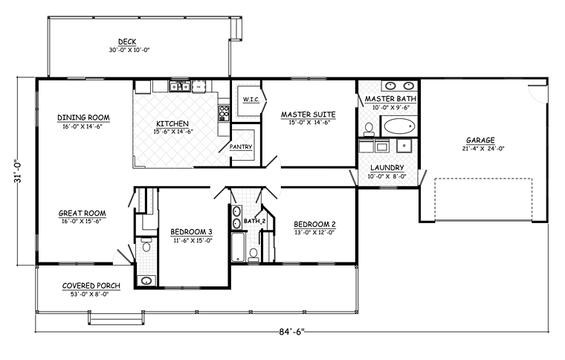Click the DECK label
point(127,42)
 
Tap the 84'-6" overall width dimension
point(291,332)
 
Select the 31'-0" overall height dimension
point(18,171)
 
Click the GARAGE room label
point(480,140)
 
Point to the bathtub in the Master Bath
point(399,126)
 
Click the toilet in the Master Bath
point(369,129)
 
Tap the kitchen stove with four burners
point(224,112)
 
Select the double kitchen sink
point(180,86)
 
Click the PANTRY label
point(241,147)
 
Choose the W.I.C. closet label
point(251,99)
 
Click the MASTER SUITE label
point(308,115)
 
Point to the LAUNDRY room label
point(387,167)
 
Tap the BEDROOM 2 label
point(314,224)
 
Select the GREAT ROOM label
point(83,213)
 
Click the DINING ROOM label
point(83,118)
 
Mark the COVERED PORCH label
point(91,286)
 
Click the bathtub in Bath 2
point(238,247)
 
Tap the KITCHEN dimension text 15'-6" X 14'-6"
point(173,132)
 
